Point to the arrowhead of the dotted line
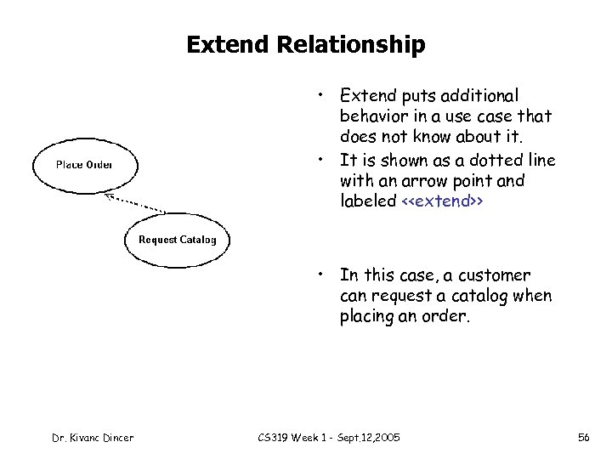click(x=106, y=193)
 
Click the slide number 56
click(x=583, y=437)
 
